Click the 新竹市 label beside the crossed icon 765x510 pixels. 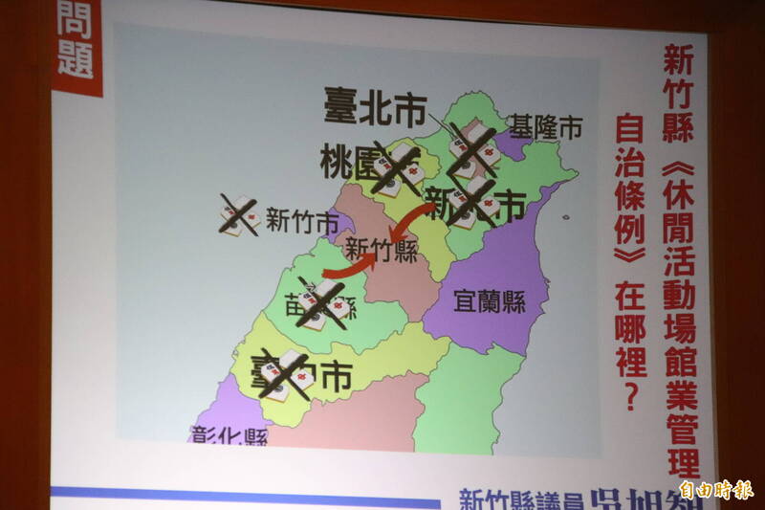click(302, 222)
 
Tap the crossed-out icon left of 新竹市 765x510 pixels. click(240, 215)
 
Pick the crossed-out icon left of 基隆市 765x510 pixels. click(470, 145)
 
